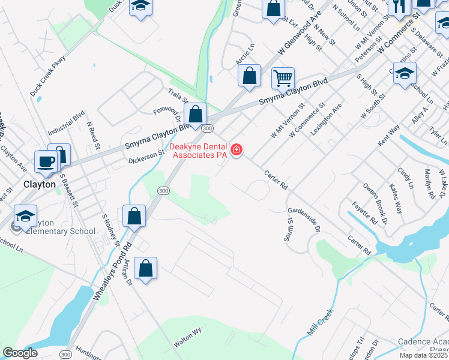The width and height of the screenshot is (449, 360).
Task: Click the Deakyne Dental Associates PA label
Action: (x=199, y=151)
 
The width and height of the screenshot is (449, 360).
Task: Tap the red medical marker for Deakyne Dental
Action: (x=237, y=149)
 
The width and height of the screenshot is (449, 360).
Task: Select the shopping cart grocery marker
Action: (x=283, y=77)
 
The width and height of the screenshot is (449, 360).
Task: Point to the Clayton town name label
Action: (x=40, y=184)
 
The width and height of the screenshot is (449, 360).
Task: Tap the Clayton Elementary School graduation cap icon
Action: (x=26, y=215)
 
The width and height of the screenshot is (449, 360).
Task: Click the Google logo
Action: (x=20, y=352)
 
